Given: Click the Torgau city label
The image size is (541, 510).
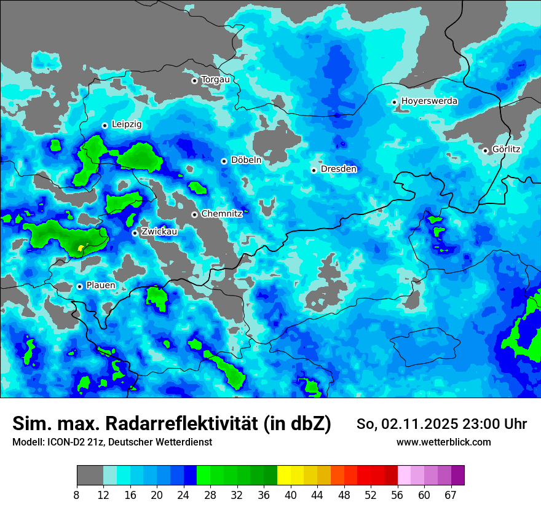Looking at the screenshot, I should point(215,80).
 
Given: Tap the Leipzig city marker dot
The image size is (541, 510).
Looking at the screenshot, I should point(105,125).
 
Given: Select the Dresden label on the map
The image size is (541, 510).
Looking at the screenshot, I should point(338,169).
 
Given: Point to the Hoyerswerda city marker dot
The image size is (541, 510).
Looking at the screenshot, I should point(394,102).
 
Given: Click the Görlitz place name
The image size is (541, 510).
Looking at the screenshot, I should point(506,149).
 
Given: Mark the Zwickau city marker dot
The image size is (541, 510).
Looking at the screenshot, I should point(135,233).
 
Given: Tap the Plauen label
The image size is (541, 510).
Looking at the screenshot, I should point(100,286).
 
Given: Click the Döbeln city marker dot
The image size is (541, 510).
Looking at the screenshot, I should point(224,161).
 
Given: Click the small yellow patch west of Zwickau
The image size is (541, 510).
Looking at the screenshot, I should point(81,248).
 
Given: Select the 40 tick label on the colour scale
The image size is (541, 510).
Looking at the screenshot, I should point(291,495).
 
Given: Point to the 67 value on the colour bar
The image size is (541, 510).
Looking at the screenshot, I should point(451,495).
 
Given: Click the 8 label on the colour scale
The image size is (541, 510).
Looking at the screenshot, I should point(77,495).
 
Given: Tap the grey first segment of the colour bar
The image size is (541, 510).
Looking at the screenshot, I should point(90,476).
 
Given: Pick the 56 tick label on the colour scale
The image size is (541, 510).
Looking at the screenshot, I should point(398,495).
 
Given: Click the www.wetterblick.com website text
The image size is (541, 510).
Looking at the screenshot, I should point(444,442).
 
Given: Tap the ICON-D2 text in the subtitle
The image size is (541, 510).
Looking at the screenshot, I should point(63,442).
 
